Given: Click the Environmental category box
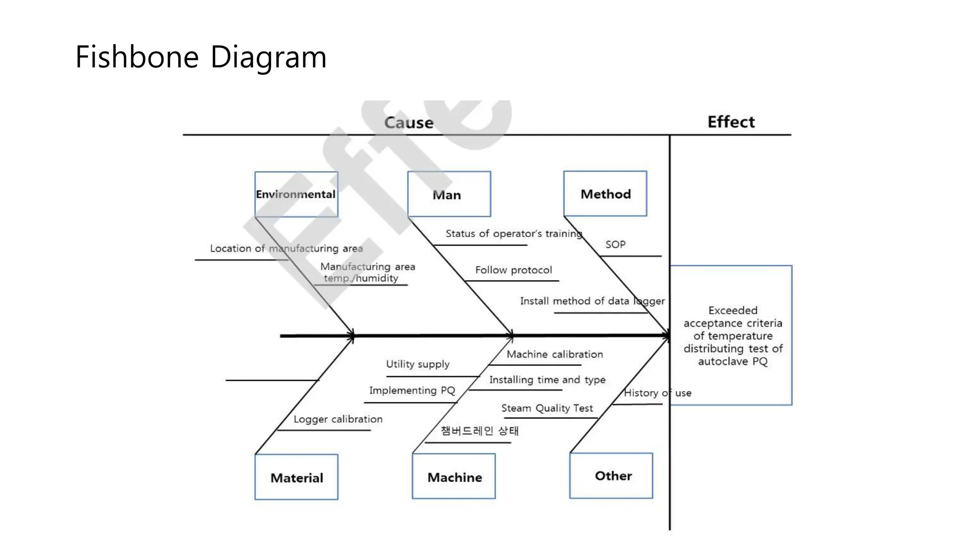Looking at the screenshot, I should coord(296,194).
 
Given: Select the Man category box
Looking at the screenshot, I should coord(448,194).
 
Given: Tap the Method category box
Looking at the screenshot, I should coord(605,194).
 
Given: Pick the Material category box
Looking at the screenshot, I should coord(296,477).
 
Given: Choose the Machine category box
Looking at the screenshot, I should coord(454,477).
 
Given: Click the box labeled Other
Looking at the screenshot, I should coord(611,476).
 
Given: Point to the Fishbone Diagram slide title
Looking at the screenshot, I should coord(201,57).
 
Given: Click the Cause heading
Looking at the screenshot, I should coord(409,122).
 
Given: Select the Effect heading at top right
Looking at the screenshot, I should coord(731,122).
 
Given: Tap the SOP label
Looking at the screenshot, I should coord(615,244).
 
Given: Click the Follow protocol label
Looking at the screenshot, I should coord(513,270).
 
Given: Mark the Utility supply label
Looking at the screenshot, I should coord(418,364).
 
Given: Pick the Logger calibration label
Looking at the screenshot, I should coord(338,419).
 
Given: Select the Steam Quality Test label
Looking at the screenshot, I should coord(547,408).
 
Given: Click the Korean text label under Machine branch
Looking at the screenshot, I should coord(479,431).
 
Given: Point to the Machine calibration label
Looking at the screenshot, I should coord(555,354).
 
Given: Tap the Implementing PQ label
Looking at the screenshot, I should coord(412,390).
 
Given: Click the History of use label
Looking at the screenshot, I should coord(657,393).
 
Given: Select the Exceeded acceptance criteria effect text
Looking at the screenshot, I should coord(732,336).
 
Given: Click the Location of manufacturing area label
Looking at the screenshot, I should coord(286,249).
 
